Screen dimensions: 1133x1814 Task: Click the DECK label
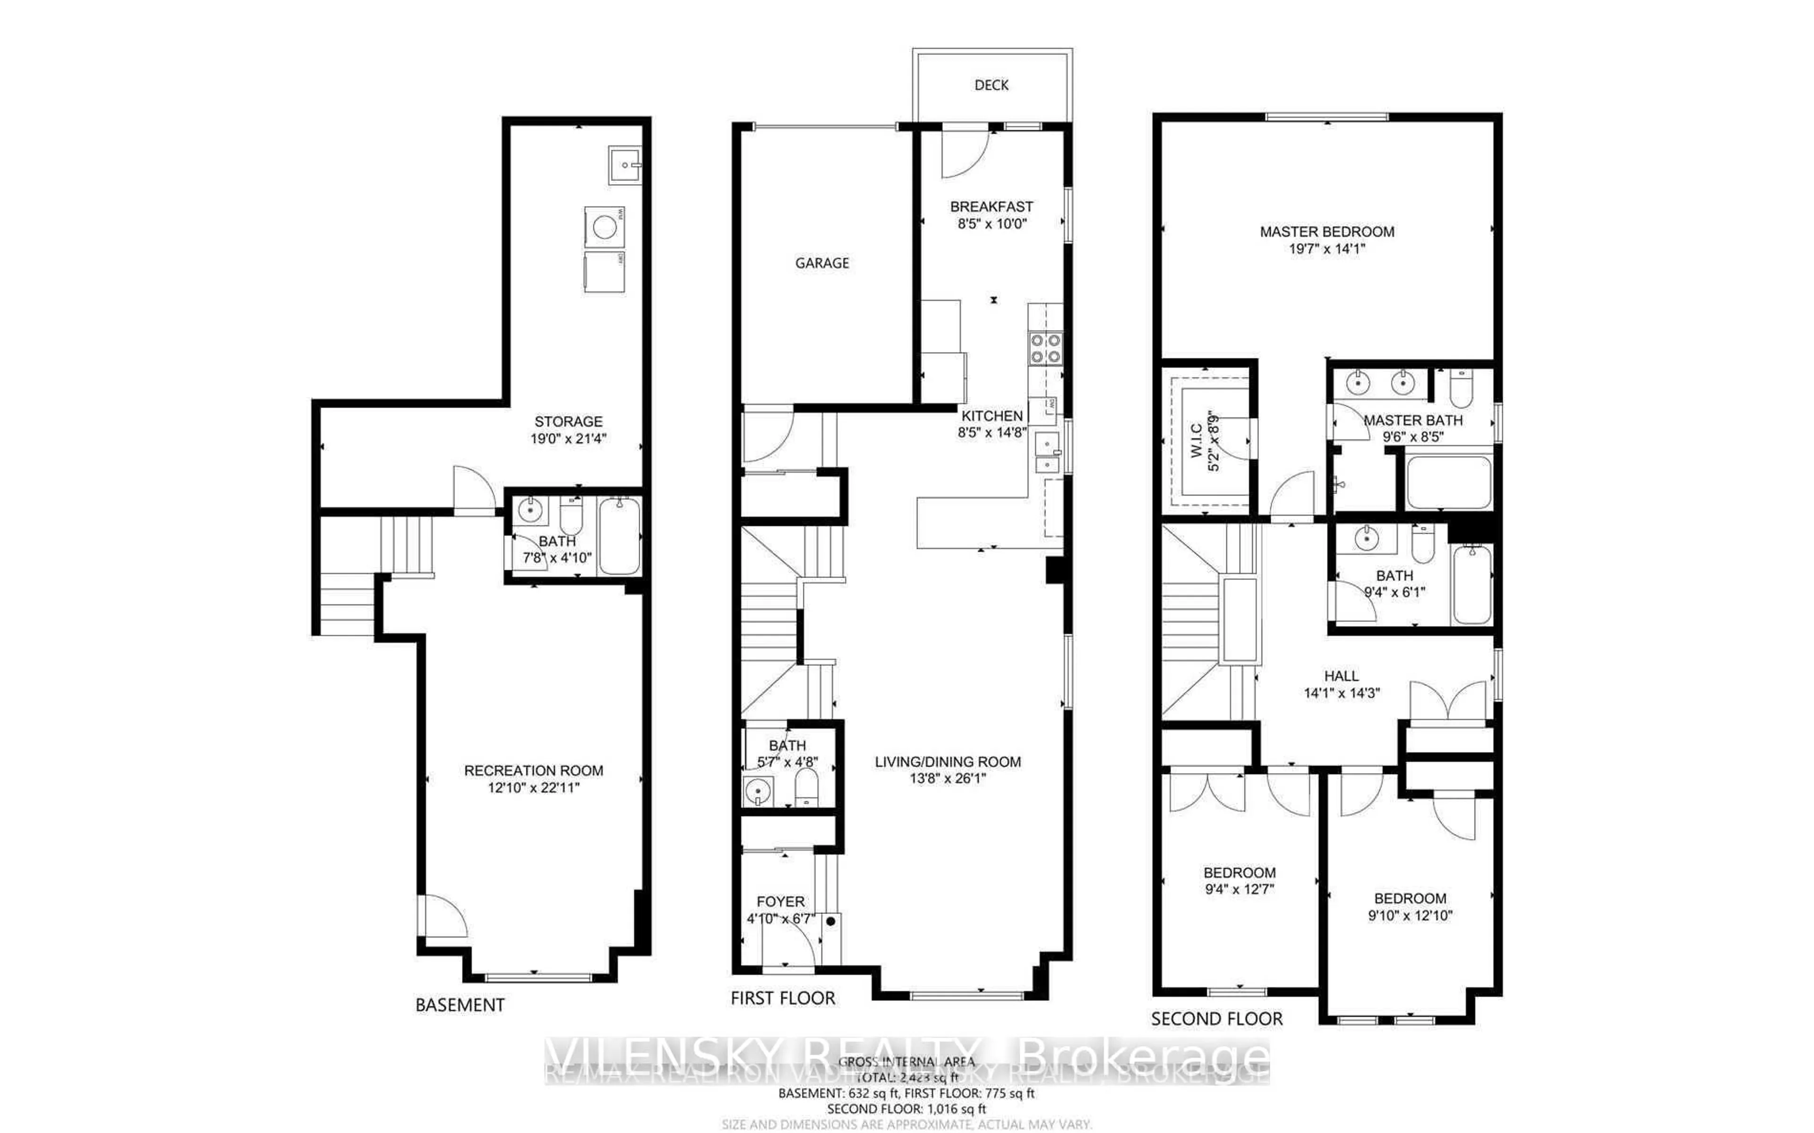(991, 85)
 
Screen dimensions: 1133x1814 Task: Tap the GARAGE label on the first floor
(822, 263)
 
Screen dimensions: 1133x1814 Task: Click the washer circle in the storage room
(604, 226)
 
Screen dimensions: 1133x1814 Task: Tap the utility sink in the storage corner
(624, 164)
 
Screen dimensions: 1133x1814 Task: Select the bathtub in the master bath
(1448, 483)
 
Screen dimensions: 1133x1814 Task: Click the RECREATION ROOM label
(533, 770)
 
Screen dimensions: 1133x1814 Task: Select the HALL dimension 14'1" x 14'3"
(1341, 693)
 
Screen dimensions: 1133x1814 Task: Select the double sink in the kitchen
(1047, 454)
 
